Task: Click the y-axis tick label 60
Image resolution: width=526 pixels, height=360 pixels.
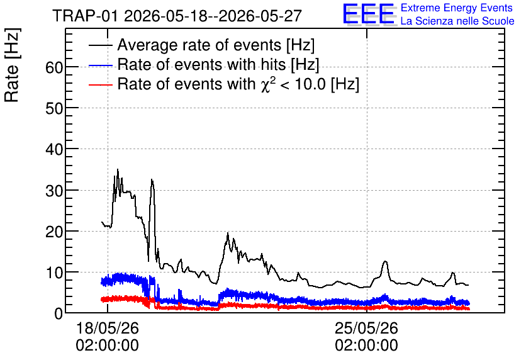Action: pyautogui.click(x=54, y=68)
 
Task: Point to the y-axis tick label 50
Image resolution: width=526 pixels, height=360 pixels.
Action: pyautogui.click(x=54, y=109)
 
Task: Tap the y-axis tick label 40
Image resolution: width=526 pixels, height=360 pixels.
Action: pyautogui.click(x=54, y=150)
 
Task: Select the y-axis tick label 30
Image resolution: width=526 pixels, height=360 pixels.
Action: pyautogui.click(x=54, y=191)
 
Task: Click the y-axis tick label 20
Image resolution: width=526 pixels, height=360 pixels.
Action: pyautogui.click(x=54, y=232)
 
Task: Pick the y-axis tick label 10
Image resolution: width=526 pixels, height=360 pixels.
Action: pyautogui.click(x=54, y=273)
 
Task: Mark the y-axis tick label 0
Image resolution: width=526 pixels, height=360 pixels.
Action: pyautogui.click(x=59, y=313)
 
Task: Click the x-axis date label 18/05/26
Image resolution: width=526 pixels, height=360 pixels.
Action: pyautogui.click(x=108, y=328)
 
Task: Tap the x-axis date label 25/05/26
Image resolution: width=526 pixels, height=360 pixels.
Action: pyautogui.click(x=366, y=328)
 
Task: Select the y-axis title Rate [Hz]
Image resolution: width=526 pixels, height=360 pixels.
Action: pyautogui.click(x=12, y=65)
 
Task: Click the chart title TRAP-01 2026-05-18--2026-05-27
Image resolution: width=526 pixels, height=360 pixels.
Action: pyautogui.click(x=177, y=16)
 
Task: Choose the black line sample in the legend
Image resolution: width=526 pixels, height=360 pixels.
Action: pyautogui.click(x=100, y=45)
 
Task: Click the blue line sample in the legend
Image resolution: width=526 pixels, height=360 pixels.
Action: pyautogui.click(x=100, y=65)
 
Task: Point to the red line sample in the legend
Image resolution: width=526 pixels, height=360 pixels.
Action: pyautogui.click(x=100, y=84)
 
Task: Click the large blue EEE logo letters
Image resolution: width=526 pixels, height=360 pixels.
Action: pyautogui.click(x=368, y=14)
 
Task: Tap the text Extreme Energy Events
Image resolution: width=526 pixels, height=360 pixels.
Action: pyautogui.click(x=457, y=8)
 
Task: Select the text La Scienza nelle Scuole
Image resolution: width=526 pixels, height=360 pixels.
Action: pyautogui.click(x=457, y=21)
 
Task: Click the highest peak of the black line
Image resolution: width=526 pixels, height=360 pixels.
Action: pyautogui.click(x=118, y=169)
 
